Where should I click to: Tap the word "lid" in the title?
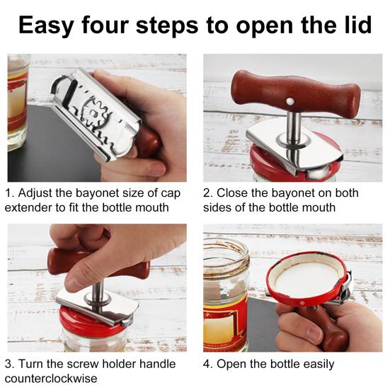(358, 24)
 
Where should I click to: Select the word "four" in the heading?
(105, 24)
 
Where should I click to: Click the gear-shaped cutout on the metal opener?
(93, 114)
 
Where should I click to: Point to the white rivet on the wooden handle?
(289, 101)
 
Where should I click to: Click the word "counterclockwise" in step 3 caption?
(51, 379)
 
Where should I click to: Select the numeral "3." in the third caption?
(9, 364)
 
